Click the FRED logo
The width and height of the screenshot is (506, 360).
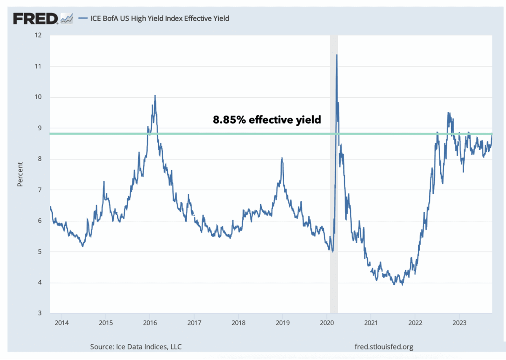click(x=36, y=18)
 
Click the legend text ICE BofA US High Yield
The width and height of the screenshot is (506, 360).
click(x=160, y=18)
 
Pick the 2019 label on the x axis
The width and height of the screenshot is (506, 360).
click(x=282, y=323)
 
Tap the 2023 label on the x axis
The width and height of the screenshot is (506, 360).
click(x=459, y=323)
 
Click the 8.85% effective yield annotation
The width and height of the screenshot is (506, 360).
click(x=266, y=120)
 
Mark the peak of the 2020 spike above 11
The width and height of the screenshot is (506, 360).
click(x=336, y=55)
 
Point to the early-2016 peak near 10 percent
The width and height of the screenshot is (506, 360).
click(x=155, y=96)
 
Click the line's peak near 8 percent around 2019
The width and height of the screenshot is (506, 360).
click(x=282, y=158)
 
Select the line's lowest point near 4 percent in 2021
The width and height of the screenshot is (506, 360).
click(x=402, y=285)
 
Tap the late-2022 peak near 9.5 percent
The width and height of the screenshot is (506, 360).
click(x=448, y=113)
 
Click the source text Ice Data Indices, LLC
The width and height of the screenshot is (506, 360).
click(x=136, y=346)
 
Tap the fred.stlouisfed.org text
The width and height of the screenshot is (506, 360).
click(x=385, y=346)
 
